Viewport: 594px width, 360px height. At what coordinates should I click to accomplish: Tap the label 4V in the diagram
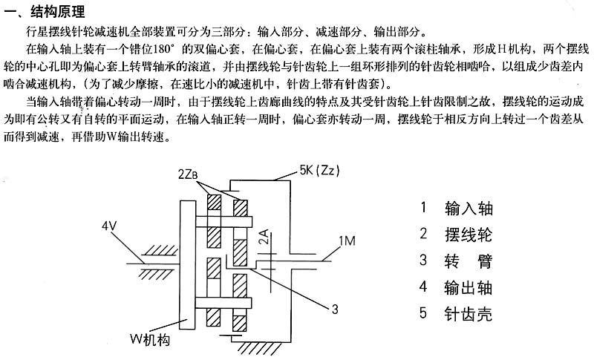point(111,226)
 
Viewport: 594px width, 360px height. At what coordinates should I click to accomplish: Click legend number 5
point(423,313)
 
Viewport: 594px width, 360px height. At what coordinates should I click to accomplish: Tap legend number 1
point(423,209)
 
